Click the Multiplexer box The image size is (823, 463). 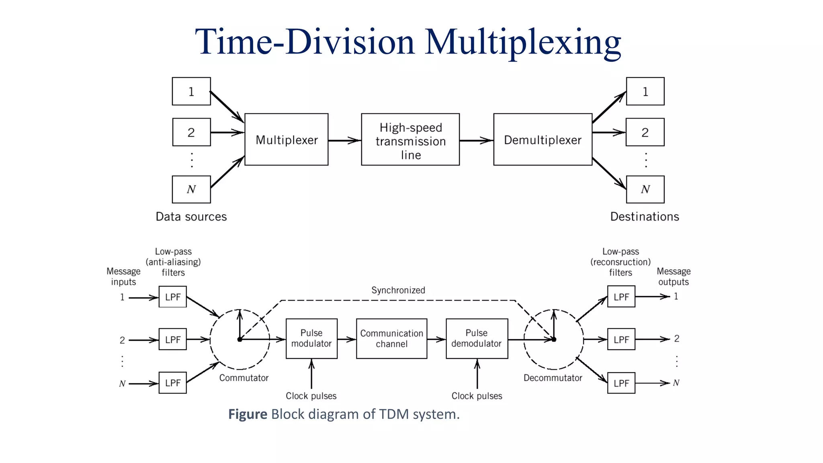pyautogui.click(x=286, y=139)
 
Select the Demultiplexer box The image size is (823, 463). pyautogui.click(x=543, y=139)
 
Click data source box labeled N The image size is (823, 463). pyautogui.click(x=191, y=189)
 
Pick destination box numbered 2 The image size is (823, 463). pyautogui.click(x=645, y=132)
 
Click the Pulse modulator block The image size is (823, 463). pyautogui.click(x=311, y=338)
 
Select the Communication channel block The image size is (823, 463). pyautogui.click(x=391, y=338)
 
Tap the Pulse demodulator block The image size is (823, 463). pyautogui.click(x=477, y=338)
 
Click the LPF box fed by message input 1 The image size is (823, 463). pyautogui.click(x=173, y=297)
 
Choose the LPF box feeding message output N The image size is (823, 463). pyautogui.click(x=621, y=383)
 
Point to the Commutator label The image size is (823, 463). pyautogui.click(x=244, y=378)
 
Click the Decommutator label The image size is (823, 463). pyautogui.click(x=553, y=378)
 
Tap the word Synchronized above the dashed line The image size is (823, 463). pyautogui.click(x=398, y=290)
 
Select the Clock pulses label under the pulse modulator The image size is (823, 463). pyautogui.click(x=311, y=396)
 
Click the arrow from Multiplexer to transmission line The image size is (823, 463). pyautogui.click(x=344, y=140)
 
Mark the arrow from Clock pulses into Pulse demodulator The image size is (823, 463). pyautogui.click(x=477, y=374)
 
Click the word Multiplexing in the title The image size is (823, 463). pyautogui.click(x=523, y=42)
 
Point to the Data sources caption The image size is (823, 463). pyautogui.click(x=191, y=217)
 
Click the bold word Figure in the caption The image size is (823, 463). pyautogui.click(x=248, y=414)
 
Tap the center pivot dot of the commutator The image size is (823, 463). pyautogui.click(x=240, y=340)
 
